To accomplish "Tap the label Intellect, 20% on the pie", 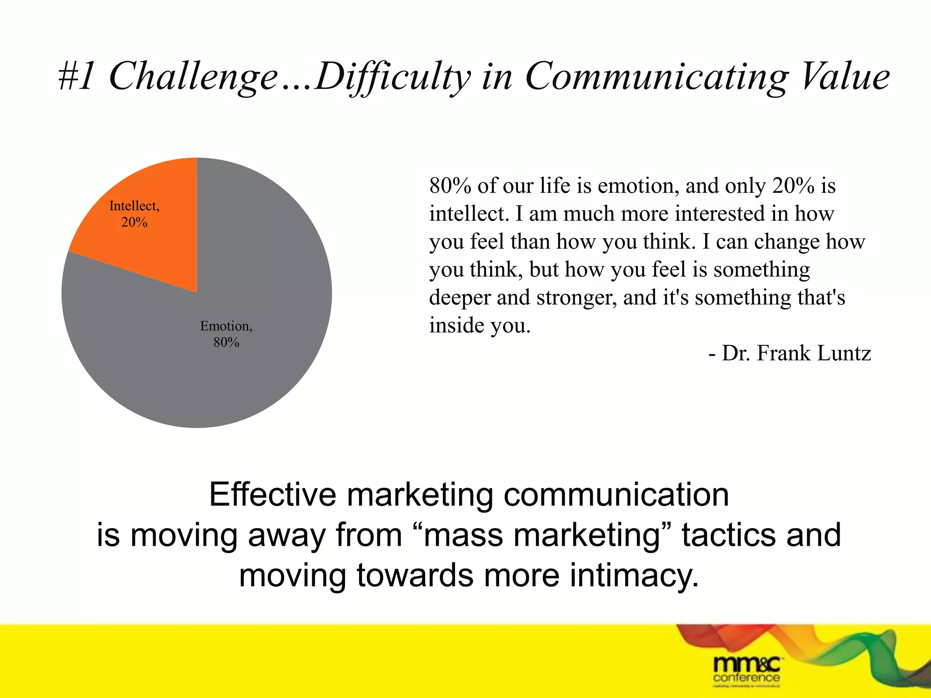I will click(135, 214).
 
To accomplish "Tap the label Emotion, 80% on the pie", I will click(226, 334).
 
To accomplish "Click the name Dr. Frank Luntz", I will click(796, 353).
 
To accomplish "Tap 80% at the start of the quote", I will click(450, 185).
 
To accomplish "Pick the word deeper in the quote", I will click(460, 298).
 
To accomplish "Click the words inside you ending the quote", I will click(480, 325).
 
